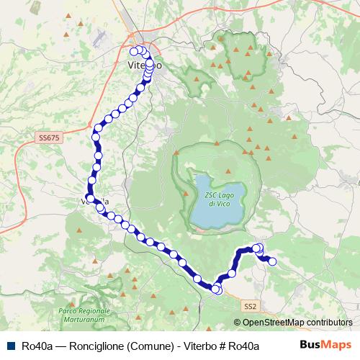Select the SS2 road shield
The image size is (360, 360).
pyautogui.click(x=249, y=307)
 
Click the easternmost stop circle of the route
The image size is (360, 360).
pyautogui.click(x=273, y=261)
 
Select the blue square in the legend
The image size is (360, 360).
pyautogui.click(x=11, y=346)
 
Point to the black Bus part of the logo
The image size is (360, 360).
pyautogui.click(x=310, y=345)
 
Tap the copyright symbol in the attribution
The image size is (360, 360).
pyautogui.click(x=238, y=323)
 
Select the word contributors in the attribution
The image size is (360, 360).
pyautogui.click(x=330, y=323)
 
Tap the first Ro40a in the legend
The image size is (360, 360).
pyautogui.click(x=37, y=346)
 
